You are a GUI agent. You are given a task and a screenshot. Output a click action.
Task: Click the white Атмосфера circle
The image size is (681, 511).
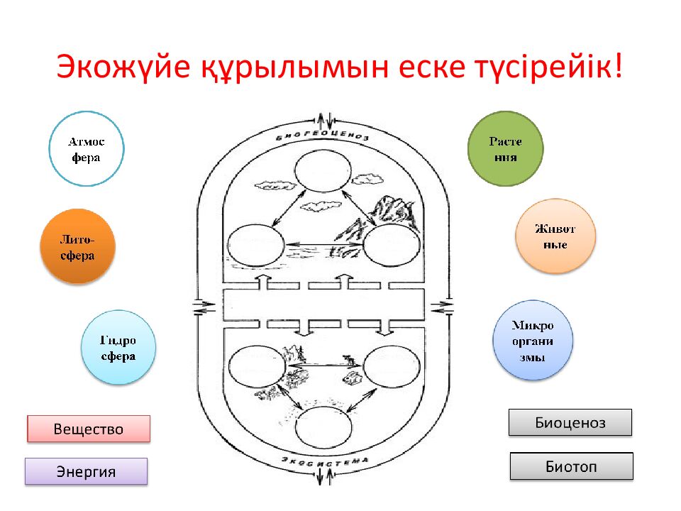(x=87, y=149)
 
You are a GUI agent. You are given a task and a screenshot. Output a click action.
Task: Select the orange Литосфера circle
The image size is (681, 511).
(x=77, y=246)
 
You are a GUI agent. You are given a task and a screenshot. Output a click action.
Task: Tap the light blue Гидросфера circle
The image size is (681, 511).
(x=118, y=347)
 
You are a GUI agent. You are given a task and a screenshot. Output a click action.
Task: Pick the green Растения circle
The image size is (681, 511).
(x=505, y=149)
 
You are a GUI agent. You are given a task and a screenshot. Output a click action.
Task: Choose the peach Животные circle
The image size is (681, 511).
(x=555, y=236)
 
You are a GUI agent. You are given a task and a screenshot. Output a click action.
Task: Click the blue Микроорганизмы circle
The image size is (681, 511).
(x=532, y=340)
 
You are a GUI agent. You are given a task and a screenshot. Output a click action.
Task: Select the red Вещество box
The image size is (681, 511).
(x=89, y=429)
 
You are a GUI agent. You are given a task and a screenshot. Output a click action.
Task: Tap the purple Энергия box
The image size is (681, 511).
(x=86, y=471)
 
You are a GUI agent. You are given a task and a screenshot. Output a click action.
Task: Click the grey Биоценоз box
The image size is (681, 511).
(x=570, y=423)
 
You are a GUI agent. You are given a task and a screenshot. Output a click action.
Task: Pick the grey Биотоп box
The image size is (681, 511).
(x=571, y=466)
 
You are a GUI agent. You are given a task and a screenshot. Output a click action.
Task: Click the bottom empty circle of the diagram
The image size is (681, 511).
(x=323, y=430)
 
